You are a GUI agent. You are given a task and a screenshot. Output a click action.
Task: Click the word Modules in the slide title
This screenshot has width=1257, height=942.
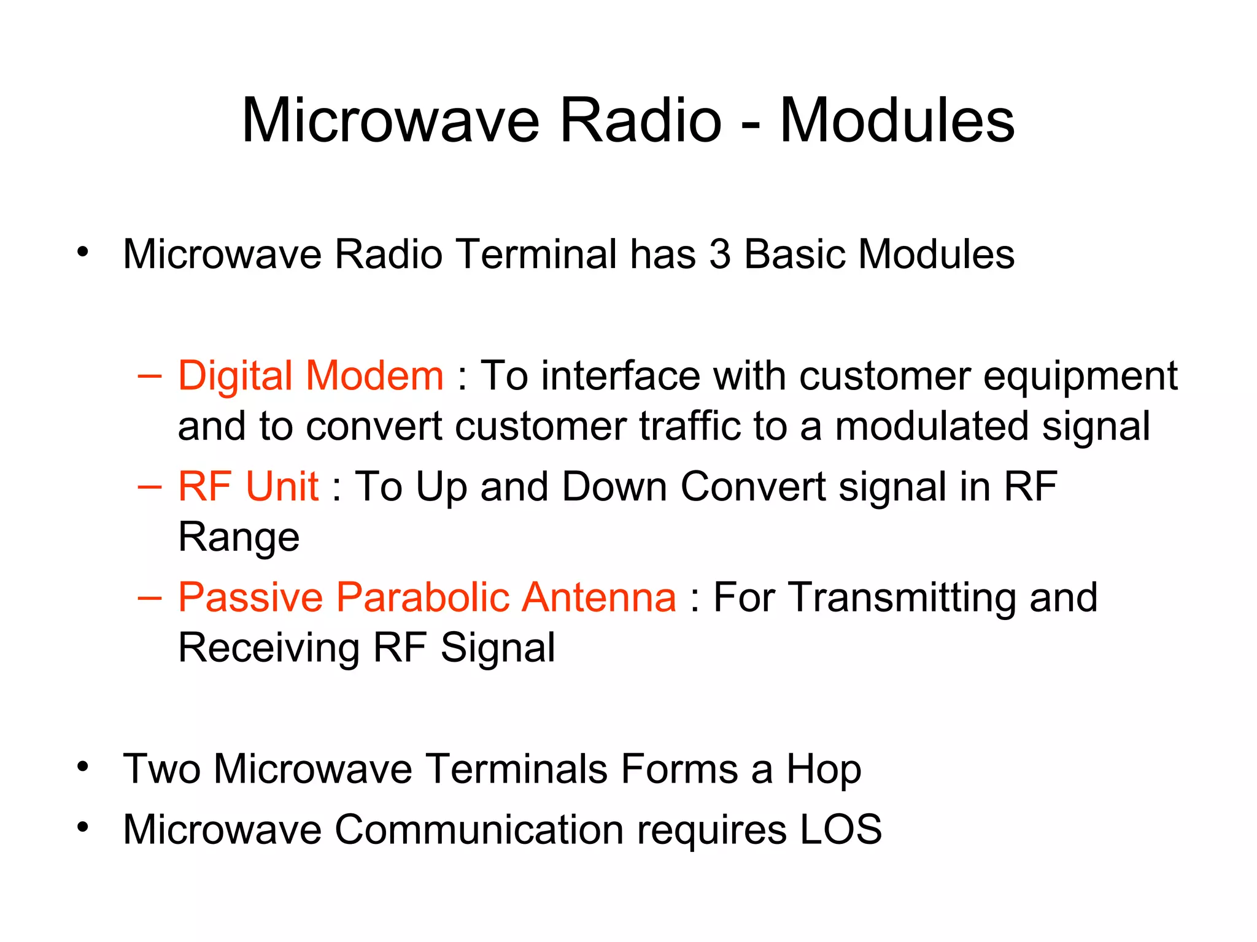click(897, 121)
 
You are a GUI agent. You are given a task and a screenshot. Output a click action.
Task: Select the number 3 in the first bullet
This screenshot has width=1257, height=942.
click(720, 254)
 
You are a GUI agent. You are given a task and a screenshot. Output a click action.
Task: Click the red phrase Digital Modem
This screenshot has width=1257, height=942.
click(310, 375)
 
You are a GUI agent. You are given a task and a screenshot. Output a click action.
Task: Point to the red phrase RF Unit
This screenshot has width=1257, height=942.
click(248, 486)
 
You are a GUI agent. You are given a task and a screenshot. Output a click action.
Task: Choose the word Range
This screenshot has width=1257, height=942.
click(239, 538)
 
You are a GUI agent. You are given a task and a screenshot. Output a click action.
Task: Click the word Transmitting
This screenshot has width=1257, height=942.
click(902, 598)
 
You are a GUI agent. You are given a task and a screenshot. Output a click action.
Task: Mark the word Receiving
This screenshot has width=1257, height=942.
click(269, 648)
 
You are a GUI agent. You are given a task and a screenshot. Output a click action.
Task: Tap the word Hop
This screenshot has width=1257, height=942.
click(824, 770)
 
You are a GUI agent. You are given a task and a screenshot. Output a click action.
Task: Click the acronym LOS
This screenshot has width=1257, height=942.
click(840, 829)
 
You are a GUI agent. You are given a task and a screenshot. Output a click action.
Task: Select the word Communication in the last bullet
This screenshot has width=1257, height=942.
click(479, 829)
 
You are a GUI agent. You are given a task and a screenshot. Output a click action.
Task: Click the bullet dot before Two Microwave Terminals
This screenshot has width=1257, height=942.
click(83, 767)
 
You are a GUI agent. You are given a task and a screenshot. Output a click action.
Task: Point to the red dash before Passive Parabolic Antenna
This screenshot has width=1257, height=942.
click(150, 597)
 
